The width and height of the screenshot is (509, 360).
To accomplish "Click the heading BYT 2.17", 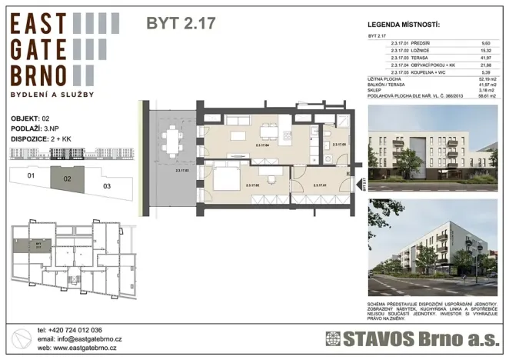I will point(181,23).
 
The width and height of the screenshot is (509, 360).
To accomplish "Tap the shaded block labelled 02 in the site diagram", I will point(67,179).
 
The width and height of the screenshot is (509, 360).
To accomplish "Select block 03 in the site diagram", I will point(106,185).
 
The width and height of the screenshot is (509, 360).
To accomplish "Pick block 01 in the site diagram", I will point(31,176).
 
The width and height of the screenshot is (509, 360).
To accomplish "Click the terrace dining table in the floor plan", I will point(171,141).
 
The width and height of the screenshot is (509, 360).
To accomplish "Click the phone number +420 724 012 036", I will point(75,328).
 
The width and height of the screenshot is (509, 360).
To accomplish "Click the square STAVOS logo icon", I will point(333,338).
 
